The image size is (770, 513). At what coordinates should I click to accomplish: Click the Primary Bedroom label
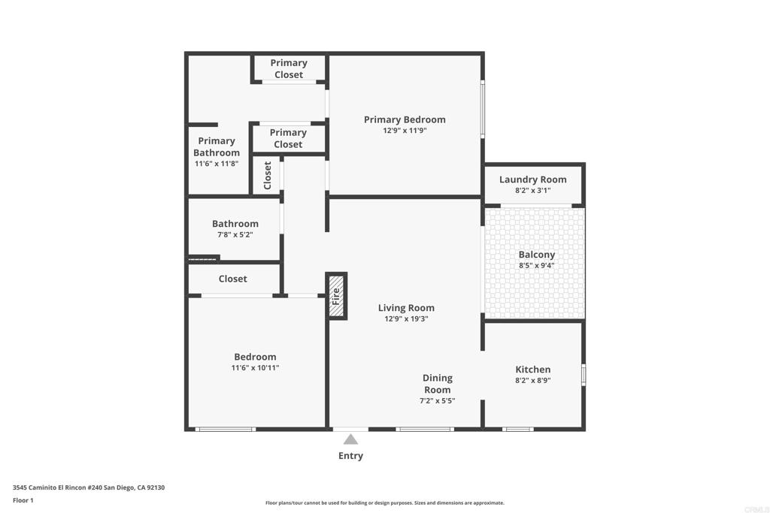click(405, 119)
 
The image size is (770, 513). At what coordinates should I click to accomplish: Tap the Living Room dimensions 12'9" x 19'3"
click(406, 318)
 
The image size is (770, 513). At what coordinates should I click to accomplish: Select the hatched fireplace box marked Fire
click(336, 296)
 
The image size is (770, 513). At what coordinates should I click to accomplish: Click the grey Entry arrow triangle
click(350, 439)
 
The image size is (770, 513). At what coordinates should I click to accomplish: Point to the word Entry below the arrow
click(350, 456)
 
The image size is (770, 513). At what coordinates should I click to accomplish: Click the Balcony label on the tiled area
click(537, 255)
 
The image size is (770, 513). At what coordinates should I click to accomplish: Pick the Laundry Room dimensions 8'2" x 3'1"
click(533, 190)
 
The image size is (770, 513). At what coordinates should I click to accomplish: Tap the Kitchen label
click(533, 370)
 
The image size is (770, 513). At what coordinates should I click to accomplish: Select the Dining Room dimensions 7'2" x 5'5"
click(437, 400)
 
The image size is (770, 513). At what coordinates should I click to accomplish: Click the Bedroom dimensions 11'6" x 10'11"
click(256, 368)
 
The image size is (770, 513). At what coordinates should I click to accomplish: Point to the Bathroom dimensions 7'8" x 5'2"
click(235, 235)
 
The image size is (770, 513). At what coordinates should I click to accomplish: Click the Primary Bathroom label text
click(217, 146)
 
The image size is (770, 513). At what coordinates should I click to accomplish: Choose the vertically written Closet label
click(268, 175)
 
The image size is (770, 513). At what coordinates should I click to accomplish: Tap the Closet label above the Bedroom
click(233, 279)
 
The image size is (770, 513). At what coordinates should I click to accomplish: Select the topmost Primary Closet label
click(289, 68)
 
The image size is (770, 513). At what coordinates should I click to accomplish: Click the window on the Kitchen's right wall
click(584, 374)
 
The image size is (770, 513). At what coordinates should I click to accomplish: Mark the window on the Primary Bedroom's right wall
click(482, 109)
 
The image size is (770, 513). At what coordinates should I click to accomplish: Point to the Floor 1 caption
click(23, 500)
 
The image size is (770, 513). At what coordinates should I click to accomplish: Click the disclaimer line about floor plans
click(385, 502)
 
